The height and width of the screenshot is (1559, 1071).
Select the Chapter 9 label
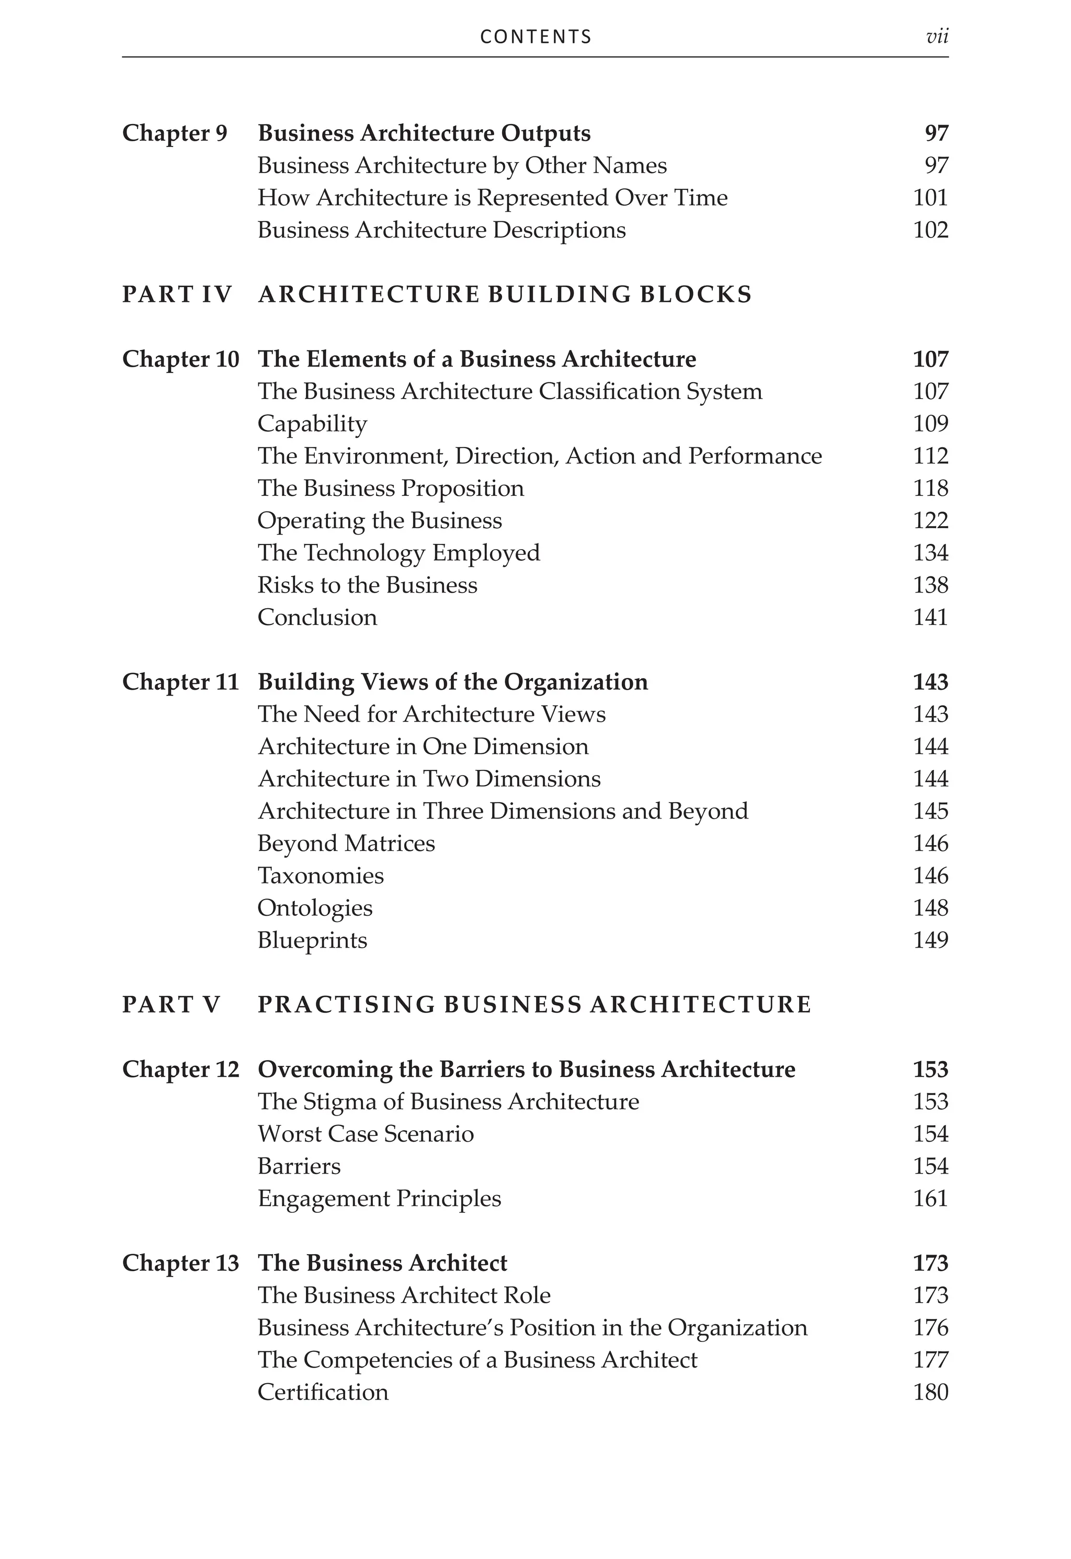coord(175,133)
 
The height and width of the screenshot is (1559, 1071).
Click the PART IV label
coord(177,294)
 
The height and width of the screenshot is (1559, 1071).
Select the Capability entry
coord(312,424)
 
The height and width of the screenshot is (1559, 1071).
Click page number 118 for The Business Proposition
coord(930,488)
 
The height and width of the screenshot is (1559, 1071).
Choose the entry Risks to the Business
coord(367,585)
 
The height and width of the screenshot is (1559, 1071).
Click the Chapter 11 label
coord(180,682)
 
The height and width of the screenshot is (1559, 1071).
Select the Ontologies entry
coord(315,908)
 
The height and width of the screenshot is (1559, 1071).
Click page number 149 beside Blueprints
coord(930,940)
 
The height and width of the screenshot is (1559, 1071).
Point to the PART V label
coord(171,1005)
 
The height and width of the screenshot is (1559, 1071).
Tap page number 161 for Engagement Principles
coord(930,1198)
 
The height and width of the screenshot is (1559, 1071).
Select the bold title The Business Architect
coord(382,1263)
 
